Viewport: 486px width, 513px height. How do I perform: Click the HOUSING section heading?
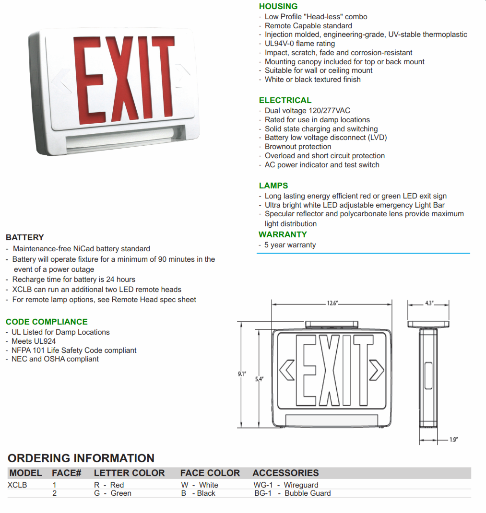point(278,6)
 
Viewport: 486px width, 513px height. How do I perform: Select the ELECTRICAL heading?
point(285,100)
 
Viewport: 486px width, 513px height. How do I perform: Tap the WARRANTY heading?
point(283,234)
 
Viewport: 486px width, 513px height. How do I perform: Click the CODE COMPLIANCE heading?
point(47,322)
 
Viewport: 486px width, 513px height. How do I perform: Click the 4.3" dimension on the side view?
point(429,303)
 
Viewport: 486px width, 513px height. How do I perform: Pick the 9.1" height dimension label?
point(242,374)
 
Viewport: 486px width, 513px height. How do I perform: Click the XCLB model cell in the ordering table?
point(18,485)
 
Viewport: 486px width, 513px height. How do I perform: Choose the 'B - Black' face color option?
point(198,493)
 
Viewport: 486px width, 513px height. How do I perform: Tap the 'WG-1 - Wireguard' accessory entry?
point(286,485)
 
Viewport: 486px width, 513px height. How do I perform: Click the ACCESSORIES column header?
point(285,473)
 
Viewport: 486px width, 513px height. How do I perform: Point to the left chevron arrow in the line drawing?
point(286,370)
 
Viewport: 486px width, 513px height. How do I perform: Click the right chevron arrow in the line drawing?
point(377,370)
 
